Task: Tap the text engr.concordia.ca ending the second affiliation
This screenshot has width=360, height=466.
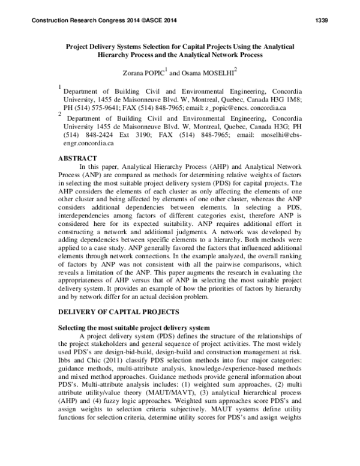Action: (88, 144)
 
